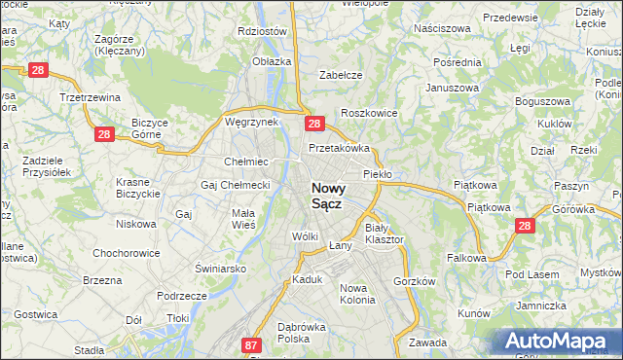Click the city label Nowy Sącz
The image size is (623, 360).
point(332,196)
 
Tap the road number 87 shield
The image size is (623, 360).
point(252,344)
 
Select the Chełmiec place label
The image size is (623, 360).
point(246,162)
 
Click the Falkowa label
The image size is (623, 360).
point(466,258)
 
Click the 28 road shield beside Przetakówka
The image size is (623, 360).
point(313,124)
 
